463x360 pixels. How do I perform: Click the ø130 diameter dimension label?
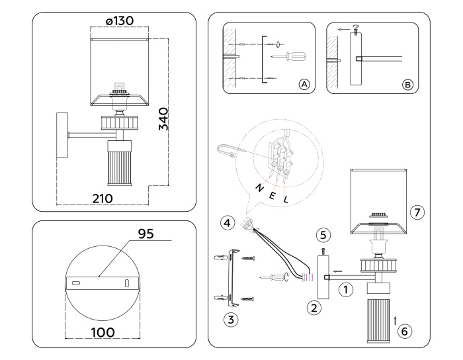(x=119, y=21)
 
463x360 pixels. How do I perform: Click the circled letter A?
(x=304, y=84)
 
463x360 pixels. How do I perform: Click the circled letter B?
(x=407, y=84)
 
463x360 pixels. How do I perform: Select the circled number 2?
(x=315, y=306)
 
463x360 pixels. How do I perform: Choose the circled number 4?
(x=227, y=223)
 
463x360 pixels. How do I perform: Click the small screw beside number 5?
(x=323, y=251)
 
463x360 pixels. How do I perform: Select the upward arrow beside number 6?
(x=395, y=320)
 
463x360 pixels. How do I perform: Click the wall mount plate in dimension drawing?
(x=63, y=136)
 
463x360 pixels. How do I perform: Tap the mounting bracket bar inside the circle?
(x=102, y=283)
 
